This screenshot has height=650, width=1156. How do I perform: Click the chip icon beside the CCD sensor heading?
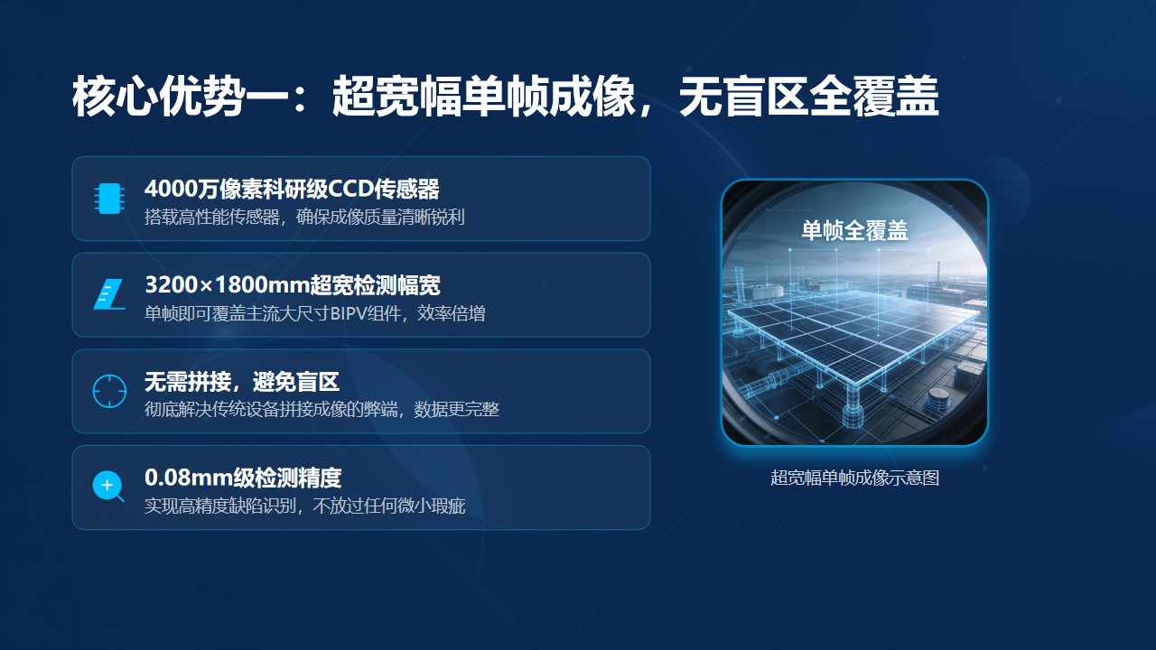[x=109, y=198]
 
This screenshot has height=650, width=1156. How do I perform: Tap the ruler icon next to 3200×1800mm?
[x=109, y=294]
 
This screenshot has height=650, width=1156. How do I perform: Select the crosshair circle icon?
[x=109, y=391]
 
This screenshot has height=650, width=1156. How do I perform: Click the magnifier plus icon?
[x=108, y=486]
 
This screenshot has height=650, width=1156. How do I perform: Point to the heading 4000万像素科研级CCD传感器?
[x=292, y=189]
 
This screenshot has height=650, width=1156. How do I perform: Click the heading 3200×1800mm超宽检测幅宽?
[x=293, y=284]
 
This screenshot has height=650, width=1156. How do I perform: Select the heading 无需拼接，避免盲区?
[x=241, y=382]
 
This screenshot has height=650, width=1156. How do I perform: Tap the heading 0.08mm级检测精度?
[x=243, y=478]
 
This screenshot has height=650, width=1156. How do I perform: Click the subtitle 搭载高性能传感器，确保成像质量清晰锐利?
[x=304, y=217]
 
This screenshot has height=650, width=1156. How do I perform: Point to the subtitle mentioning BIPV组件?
[x=315, y=313]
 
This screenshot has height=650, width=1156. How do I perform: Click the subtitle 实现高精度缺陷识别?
[x=220, y=506]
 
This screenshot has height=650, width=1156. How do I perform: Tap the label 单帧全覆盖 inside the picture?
[x=854, y=230]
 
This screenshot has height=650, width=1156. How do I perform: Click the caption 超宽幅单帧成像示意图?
[x=854, y=478]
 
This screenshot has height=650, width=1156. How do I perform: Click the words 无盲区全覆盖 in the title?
[x=808, y=96]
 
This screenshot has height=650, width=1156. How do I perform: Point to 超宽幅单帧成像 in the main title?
[x=483, y=96]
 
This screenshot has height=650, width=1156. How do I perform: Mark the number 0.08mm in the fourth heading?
[x=189, y=478]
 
